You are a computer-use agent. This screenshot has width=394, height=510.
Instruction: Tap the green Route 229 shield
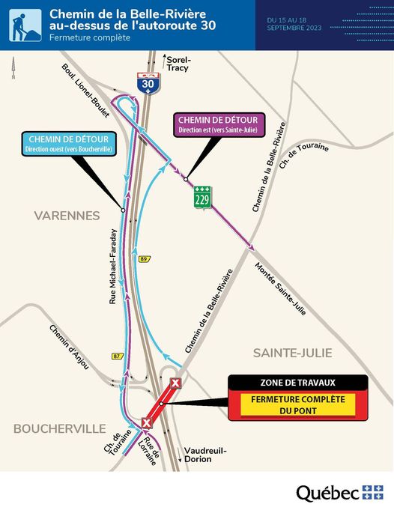[x=201, y=197]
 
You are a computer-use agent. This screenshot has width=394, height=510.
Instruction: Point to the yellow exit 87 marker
[x=116, y=356]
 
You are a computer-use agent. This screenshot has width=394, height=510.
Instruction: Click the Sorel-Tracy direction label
[x=178, y=63]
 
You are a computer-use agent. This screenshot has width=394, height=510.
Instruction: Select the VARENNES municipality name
[x=67, y=216]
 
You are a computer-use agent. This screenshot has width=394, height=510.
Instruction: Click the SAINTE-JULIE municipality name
[x=293, y=352]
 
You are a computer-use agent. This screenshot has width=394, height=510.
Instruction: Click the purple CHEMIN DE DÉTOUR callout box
[x=217, y=124]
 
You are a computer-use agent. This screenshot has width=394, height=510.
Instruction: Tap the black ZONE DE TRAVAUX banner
[x=299, y=383]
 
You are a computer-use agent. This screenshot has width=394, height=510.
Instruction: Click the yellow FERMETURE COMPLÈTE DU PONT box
[x=299, y=405]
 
